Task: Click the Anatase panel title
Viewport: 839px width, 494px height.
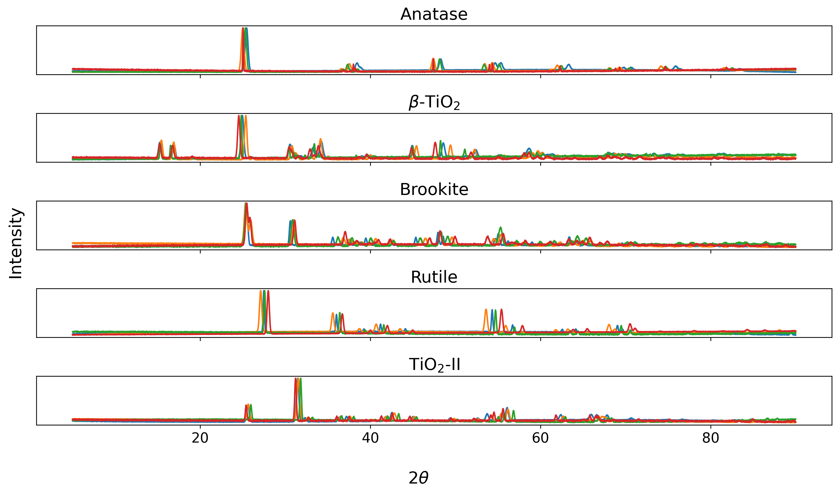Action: [434, 14]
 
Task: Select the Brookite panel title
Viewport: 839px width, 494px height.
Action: [434, 190]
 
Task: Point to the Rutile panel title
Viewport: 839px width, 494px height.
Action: [434, 277]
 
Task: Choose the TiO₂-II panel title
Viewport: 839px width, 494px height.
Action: [434, 365]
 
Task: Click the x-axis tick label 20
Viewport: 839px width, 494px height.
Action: [200, 438]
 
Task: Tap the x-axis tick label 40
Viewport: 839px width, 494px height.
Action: [370, 438]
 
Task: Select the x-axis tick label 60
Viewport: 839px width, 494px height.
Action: [540, 438]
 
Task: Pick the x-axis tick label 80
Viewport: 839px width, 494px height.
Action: [710, 438]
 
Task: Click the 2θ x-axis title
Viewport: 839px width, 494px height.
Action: [418, 478]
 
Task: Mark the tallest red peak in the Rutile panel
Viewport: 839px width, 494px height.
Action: [268, 291]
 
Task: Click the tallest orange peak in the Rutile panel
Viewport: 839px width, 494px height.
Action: [260, 291]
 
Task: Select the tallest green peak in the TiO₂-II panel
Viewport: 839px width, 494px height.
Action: [301, 379]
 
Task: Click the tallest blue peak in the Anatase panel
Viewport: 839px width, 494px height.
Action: [247, 29]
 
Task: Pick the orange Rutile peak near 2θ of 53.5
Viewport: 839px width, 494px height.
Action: [486, 310]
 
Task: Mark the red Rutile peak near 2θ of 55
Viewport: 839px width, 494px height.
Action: [501, 310]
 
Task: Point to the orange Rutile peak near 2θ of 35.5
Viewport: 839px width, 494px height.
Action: [333, 314]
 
